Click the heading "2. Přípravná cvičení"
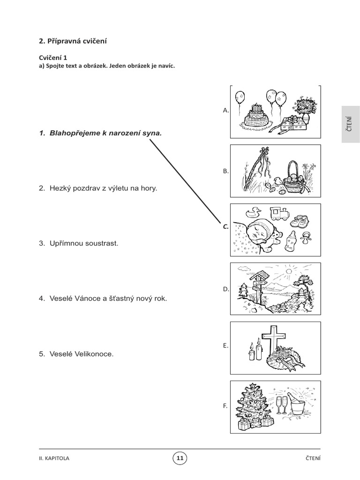[73, 41]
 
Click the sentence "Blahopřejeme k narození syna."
[105, 133]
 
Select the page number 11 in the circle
[180, 458]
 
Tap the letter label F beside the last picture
[225, 406]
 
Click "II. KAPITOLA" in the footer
[54, 458]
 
